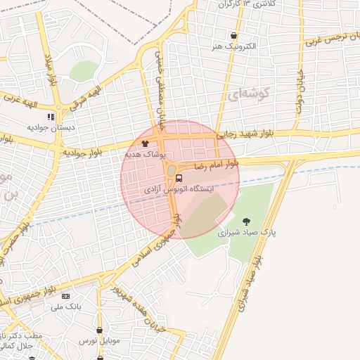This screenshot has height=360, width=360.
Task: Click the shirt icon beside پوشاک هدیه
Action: (x=145, y=143)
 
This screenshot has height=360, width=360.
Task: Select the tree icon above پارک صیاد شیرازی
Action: (x=245, y=221)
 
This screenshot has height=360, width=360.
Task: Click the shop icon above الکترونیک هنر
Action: (x=233, y=35)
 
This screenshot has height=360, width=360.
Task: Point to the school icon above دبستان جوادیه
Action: (x=50, y=117)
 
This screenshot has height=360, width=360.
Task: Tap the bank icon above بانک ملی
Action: (x=65, y=297)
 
